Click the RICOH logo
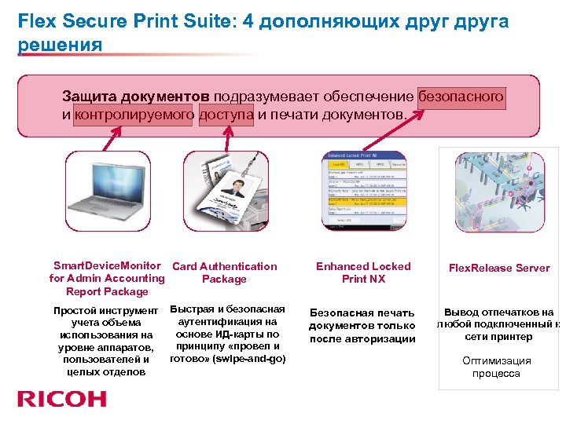pyautogui.click(x=62, y=399)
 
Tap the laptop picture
pyautogui.click(x=107, y=191)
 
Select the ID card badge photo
pyautogui.click(x=227, y=191)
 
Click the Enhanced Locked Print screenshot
pyautogui.click(x=364, y=191)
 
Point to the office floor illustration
pyautogui.click(x=499, y=191)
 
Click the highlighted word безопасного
pyautogui.click(x=461, y=97)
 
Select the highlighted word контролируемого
pyautogui.click(x=134, y=115)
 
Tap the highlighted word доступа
pyautogui.click(x=226, y=115)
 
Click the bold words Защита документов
pyautogui.click(x=136, y=97)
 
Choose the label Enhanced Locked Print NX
pyautogui.click(x=363, y=272)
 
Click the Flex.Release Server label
pyautogui.click(x=499, y=268)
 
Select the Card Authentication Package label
pyautogui.click(x=224, y=272)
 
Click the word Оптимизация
pyautogui.click(x=496, y=361)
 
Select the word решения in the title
pyautogui.click(x=60, y=45)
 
